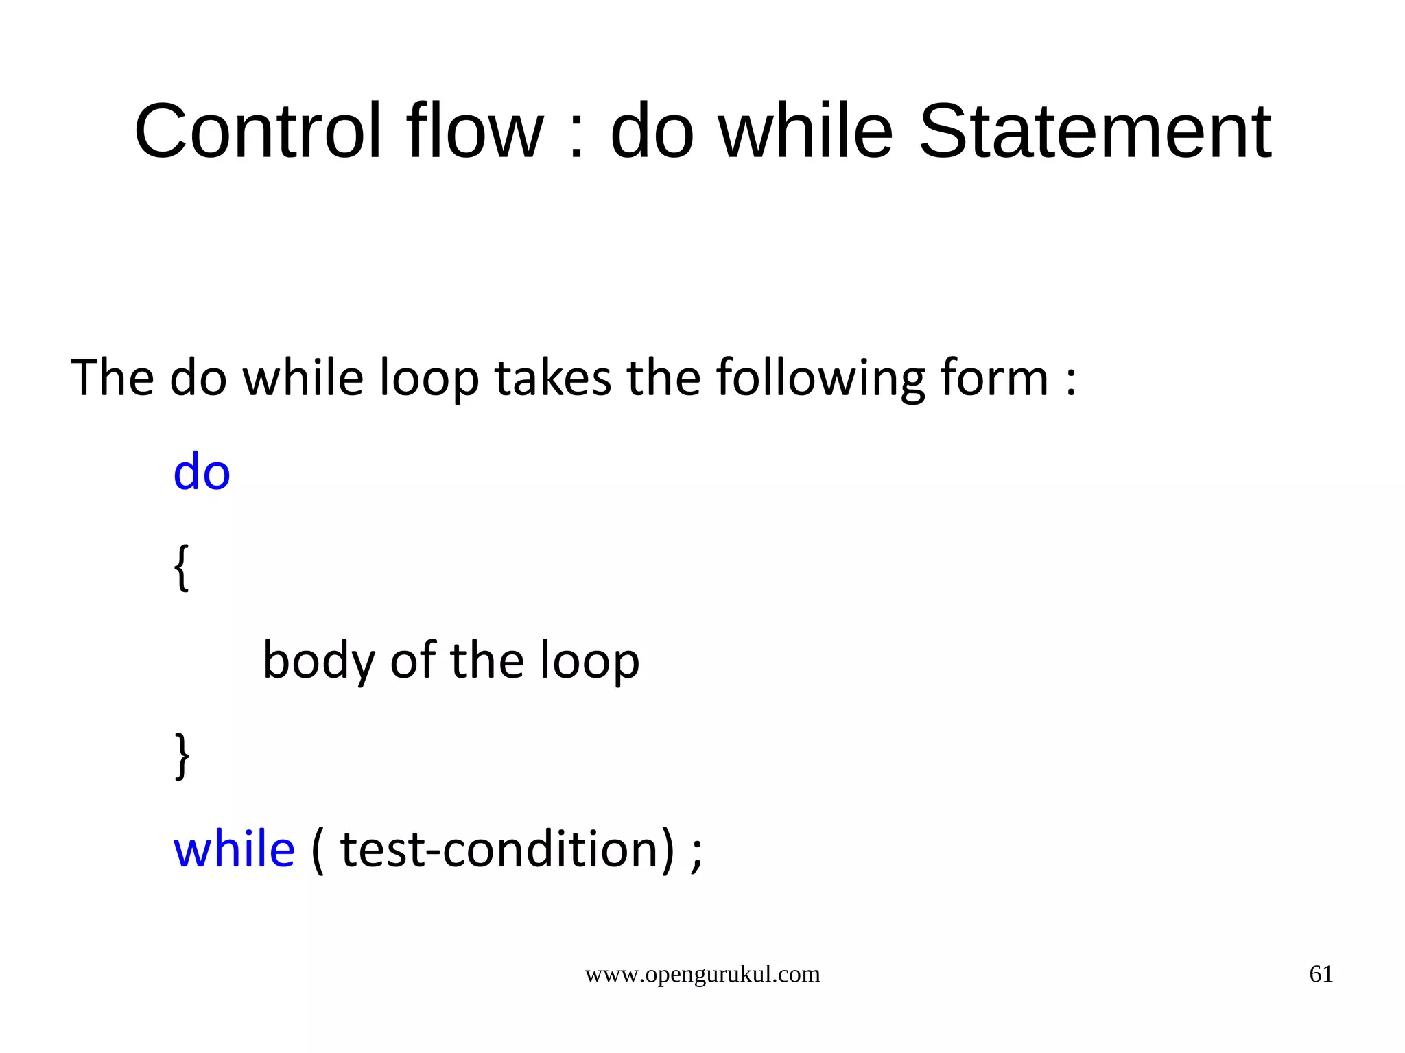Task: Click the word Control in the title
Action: click(x=257, y=131)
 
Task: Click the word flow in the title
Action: click(x=475, y=131)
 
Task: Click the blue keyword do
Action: click(x=202, y=473)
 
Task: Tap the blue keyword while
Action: click(x=234, y=849)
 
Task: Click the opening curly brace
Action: click(x=181, y=567)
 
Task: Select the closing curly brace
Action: click(x=182, y=755)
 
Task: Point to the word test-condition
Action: click(x=499, y=849)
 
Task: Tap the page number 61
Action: click(x=1321, y=974)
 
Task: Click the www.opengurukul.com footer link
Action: click(x=702, y=974)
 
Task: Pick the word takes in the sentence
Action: click(x=553, y=379)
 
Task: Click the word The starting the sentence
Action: click(x=112, y=378)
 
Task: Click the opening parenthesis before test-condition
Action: click(x=318, y=851)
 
